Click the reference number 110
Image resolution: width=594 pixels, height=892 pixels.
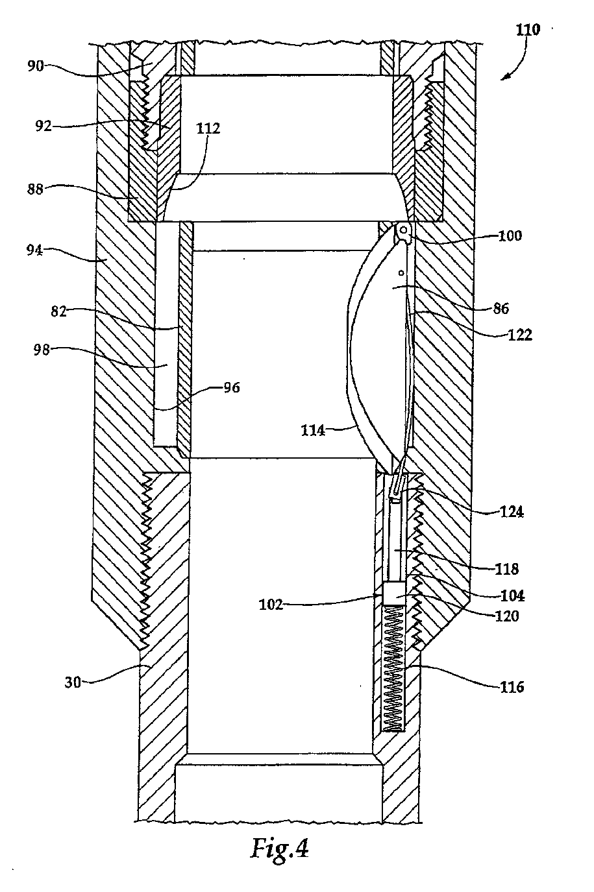click(x=528, y=30)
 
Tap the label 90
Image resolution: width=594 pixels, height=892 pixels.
click(x=35, y=66)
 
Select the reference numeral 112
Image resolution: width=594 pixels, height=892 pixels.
click(x=208, y=128)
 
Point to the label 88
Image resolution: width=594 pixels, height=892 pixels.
click(x=34, y=189)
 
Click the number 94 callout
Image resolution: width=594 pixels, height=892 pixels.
click(x=34, y=250)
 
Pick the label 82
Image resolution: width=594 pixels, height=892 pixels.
click(x=58, y=311)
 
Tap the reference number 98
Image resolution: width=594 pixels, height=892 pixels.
click(x=42, y=350)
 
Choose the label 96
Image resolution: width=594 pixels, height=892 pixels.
click(x=232, y=387)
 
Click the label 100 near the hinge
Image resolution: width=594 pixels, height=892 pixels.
click(x=510, y=235)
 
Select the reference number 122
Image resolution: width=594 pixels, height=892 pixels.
click(x=520, y=335)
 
